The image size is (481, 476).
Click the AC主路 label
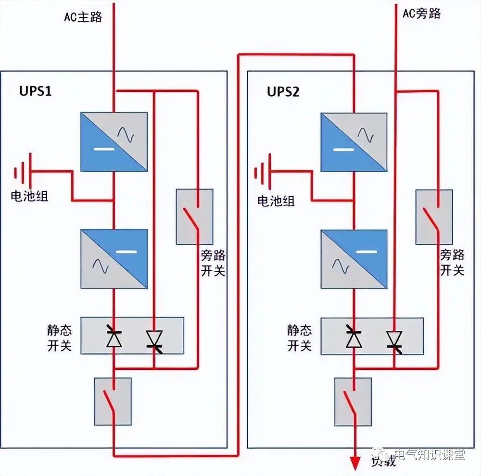84,17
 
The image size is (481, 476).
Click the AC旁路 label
421,13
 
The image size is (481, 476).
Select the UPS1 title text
36,91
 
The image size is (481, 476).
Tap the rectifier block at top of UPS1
114,141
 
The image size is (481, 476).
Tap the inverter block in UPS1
114,259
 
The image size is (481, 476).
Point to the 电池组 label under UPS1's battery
30,196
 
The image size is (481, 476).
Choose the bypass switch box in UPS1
194,216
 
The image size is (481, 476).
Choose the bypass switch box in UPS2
434,217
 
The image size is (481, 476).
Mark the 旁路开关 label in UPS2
452,263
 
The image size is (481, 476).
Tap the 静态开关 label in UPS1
59,338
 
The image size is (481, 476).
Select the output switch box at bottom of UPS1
113,401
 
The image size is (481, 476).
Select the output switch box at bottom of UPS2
353,401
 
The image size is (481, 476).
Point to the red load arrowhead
355,463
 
